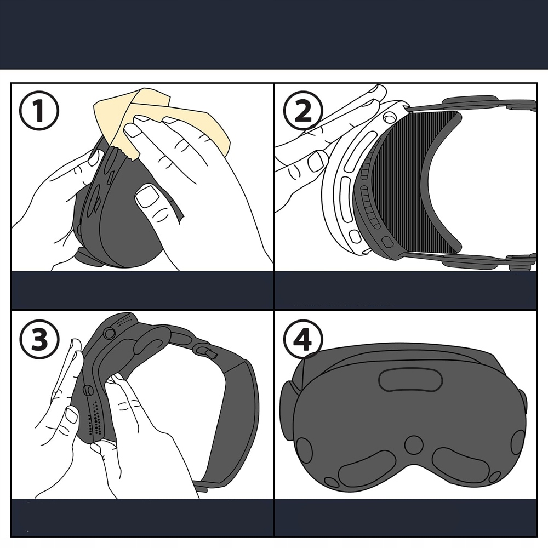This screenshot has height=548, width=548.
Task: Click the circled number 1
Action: click(x=39, y=111)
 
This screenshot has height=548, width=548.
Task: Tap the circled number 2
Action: click(x=303, y=111)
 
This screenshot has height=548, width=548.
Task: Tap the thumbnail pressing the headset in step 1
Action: click(x=147, y=197)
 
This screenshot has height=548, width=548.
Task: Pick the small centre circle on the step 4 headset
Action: click(x=414, y=444)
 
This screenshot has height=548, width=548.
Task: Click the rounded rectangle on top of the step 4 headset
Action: click(x=410, y=380)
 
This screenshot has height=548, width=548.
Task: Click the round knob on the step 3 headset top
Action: click(x=109, y=333)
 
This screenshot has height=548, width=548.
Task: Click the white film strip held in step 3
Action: click(x=66, y=367)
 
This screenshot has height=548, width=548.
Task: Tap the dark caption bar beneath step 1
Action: click(x=142, y=290)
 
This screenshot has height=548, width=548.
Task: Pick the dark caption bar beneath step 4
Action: click(x=406, y=517)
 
